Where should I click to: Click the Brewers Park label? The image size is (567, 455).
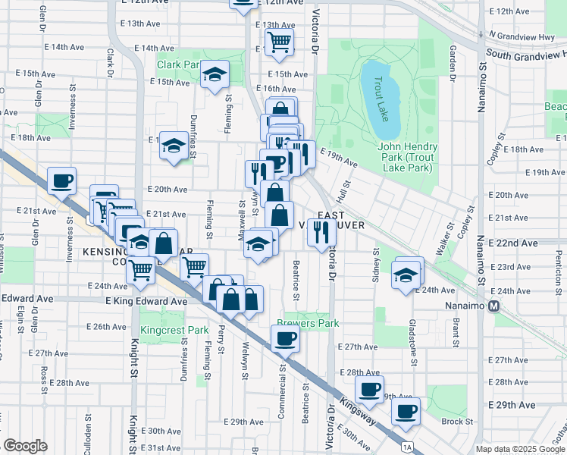(308, 322)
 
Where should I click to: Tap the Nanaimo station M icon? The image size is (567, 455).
(494, 306)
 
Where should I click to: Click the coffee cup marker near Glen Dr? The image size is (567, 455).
(61, 180)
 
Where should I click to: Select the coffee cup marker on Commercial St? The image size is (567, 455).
(286, 337)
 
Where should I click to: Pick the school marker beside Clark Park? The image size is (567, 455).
(215, 74)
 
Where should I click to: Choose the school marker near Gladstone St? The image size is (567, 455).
(406, 275)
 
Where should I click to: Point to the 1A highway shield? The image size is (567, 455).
(408, 447)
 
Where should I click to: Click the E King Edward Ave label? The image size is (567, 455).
(146, 301)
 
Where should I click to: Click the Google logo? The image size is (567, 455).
(24, 446)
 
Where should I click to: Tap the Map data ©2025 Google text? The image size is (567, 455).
(520, 449)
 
